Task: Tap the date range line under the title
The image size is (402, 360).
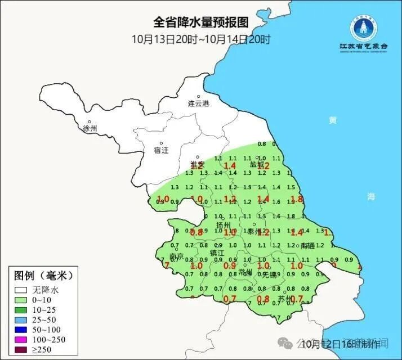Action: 201,39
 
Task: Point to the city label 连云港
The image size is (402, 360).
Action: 198,103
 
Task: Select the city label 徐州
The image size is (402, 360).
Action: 90,128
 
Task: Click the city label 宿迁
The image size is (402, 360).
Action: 161,150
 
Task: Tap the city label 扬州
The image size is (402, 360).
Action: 224,225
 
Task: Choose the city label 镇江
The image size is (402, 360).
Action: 218,253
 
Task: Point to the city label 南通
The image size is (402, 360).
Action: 308,246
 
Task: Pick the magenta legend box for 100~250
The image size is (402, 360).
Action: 21,340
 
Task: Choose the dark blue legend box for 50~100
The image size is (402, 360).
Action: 21,330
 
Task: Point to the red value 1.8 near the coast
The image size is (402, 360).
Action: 297,199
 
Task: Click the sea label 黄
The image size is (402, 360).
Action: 333,120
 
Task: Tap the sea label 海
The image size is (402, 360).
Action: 370,196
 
